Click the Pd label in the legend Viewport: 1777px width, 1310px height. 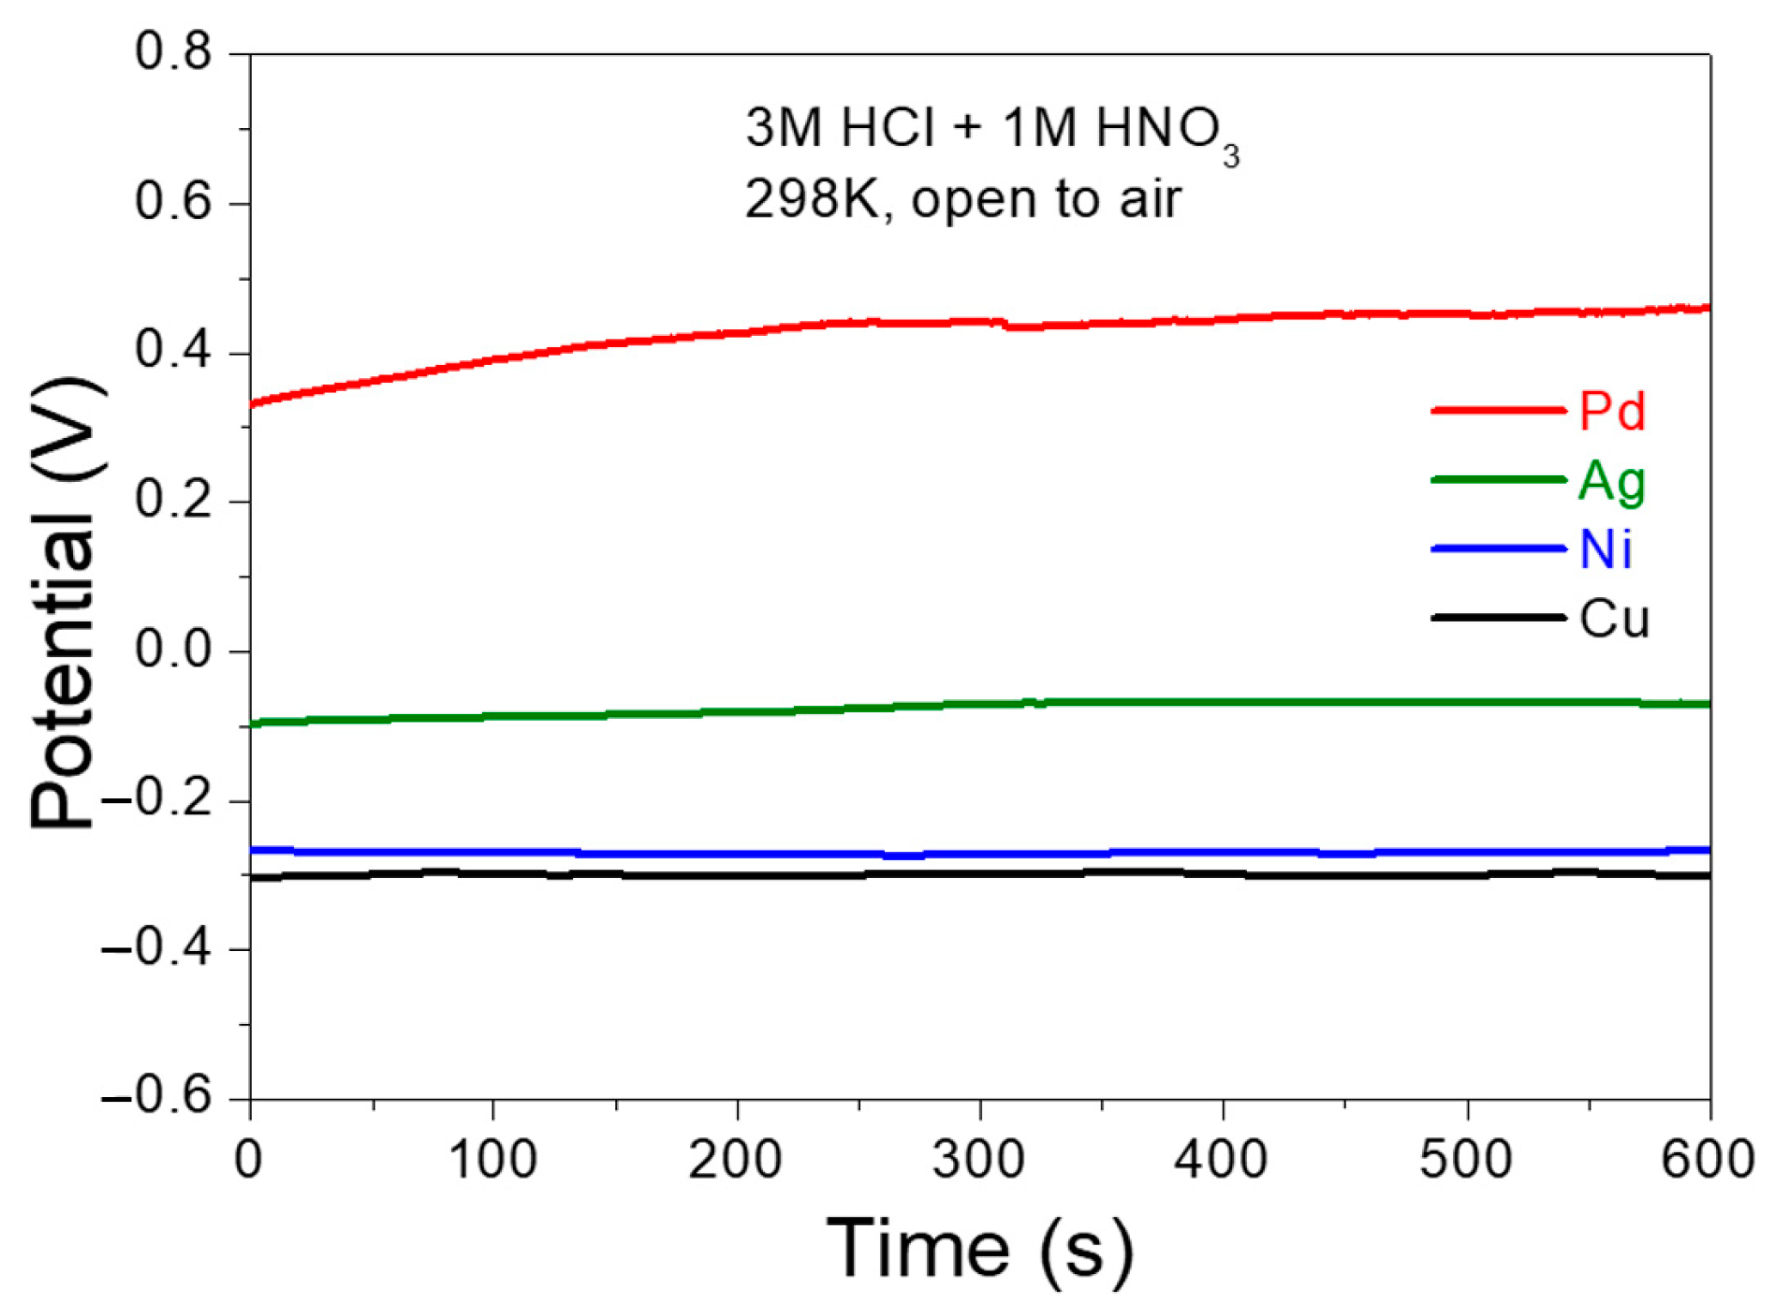click(x=1612, y=411)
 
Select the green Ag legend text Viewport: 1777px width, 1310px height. click(x=1612, y=482)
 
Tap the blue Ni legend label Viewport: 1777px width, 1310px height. click(x=1605, y=550)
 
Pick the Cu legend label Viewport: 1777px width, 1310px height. click(x=1614, y=618)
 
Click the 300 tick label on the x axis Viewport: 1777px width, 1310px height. click(x=979, y=1160)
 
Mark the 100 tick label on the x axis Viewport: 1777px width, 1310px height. click(x=492, y=1160)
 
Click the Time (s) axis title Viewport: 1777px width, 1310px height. click(x=979, y=1251)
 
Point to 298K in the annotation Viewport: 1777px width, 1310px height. click(x=812, y=199)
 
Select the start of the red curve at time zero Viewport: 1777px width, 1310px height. click(x=253, y=403)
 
